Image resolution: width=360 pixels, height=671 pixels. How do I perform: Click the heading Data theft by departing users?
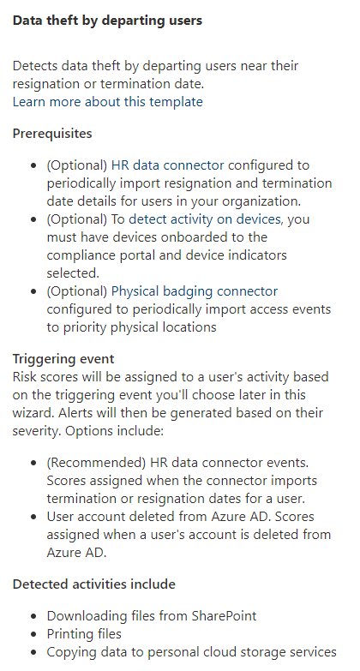click(x=107, y=21)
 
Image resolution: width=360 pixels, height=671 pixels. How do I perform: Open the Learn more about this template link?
click(x=107, y=102)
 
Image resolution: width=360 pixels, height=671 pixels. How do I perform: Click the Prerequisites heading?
click(x=52, y=134)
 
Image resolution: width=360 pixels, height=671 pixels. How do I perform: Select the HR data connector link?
click(x=167, y=165)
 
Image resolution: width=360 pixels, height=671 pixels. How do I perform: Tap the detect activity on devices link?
click(x=205, y=219)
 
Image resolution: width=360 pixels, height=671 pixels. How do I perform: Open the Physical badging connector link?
click(x=195, y=291)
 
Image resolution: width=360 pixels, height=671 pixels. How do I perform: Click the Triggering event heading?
click(x=63, y=358)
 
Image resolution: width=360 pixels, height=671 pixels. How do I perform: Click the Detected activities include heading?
click(x=93, y=584)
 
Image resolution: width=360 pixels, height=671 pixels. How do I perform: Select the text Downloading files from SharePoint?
click(x=152, y=616)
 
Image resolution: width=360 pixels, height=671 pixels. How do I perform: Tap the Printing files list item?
click(x=84, y=634)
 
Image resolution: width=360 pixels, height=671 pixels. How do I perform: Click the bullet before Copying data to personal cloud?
click(x=33, y=652)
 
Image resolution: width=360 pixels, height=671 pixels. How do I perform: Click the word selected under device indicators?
click(x=73, y=273)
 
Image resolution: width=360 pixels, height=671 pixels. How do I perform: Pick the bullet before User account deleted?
click(x=33, y=517)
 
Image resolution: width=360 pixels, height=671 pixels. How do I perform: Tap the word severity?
click(x=37, y=431)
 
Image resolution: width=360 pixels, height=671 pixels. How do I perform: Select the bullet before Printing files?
click(x=33, y=634)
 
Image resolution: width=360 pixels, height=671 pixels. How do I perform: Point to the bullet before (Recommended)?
click(x=33, y=463)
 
